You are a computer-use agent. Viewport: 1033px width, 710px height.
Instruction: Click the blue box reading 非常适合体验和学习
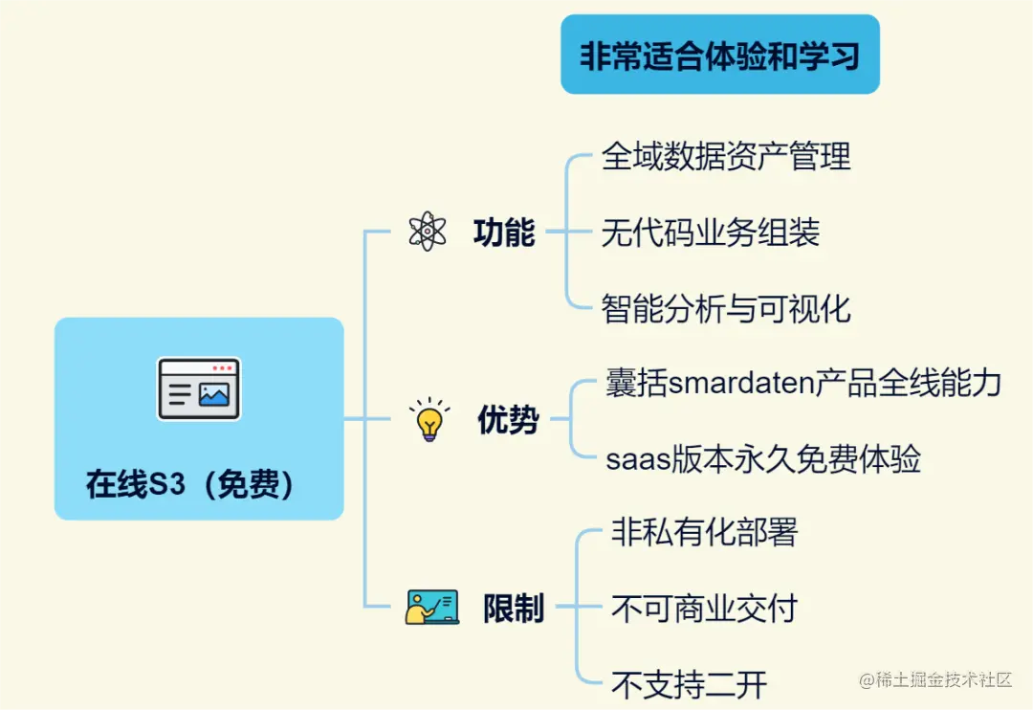point(719,55)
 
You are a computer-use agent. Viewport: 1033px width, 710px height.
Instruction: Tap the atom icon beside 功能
point(427,232)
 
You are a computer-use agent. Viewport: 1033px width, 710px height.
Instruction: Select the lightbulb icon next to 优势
point(429,420)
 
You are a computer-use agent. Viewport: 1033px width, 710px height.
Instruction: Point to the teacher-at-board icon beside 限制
point(431,608)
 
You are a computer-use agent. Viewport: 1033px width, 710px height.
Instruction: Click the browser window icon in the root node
point(199,389)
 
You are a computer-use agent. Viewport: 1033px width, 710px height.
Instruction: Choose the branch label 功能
point(504,232)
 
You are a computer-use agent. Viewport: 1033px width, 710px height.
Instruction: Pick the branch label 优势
point(508,420)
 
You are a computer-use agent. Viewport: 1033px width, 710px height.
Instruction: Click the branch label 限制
point(514,608)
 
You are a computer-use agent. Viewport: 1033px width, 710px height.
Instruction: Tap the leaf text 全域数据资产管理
point(726,156)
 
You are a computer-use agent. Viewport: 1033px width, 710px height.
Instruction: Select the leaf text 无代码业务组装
point(711,232)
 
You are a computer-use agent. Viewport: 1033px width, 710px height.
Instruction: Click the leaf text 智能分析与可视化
point(726,308)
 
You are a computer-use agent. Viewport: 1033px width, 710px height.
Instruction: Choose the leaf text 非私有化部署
point(704,532)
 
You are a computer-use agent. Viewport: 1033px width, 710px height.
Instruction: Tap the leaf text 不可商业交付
point(704,608)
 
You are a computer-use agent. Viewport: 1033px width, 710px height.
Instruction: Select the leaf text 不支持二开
point(689,684)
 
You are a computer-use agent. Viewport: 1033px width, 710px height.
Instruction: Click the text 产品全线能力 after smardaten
point(908,383)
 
